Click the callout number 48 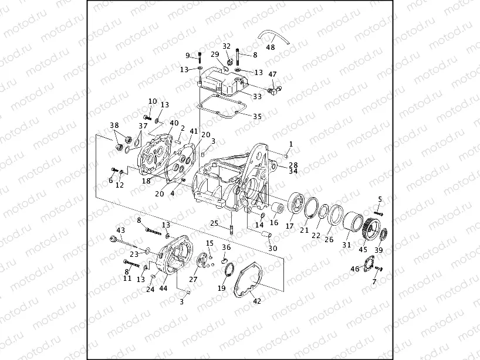pos(271,47)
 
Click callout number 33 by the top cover pos(257,97)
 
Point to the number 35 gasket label pos(257,117)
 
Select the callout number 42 pos(256,302)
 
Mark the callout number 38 pos(114,125)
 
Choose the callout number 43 pos(120,230)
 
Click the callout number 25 pos(214,223)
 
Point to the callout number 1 pos(290,144)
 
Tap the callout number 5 pos(380,199)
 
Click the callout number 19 pos(222,288)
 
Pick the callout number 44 pos(163,288)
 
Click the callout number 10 pos(153,101)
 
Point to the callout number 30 pos(272,249)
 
